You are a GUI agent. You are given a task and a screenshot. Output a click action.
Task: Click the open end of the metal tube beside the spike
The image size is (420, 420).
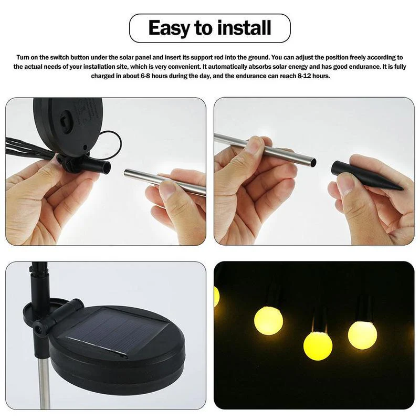pos(313,162)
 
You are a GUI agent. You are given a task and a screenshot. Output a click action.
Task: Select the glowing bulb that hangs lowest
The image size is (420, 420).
pos(318,345)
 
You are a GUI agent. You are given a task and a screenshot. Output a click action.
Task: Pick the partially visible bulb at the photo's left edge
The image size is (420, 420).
pos(216,297)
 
